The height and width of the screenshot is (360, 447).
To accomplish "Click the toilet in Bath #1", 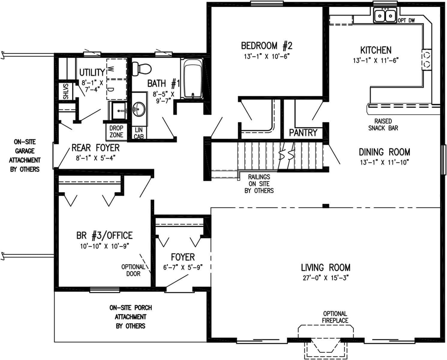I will click(x=141, y=68).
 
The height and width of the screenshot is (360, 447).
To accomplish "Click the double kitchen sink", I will click(x=385, y=15).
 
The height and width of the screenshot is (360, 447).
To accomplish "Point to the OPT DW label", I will click(x=407, y=21).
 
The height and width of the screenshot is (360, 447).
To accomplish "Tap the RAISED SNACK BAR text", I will click(x=383, y=124).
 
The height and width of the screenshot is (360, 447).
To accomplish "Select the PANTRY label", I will click(x=303, y=133).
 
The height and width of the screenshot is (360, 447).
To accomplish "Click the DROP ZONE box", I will click(x=116, y=132).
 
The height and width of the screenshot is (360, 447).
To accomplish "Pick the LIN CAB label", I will click(x=139, y=133).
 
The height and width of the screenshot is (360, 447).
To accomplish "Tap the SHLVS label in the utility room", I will click(x=66, y=91).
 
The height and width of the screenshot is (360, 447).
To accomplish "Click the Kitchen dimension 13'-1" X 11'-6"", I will click(x=376, y=61).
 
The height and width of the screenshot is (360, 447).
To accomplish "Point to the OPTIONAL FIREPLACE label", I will click(x=335, y=317).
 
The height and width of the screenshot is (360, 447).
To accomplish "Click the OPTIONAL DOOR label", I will click(x=133, y=270).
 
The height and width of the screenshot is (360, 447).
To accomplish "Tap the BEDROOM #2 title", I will click(x=267, y=46).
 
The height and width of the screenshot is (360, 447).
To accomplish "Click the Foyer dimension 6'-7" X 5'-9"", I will click(x=183, y=267).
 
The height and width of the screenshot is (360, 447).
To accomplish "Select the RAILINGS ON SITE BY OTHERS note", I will click(x=259, y=184).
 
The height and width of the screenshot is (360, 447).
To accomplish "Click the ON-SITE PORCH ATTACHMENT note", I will click(x=130, y=317).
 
